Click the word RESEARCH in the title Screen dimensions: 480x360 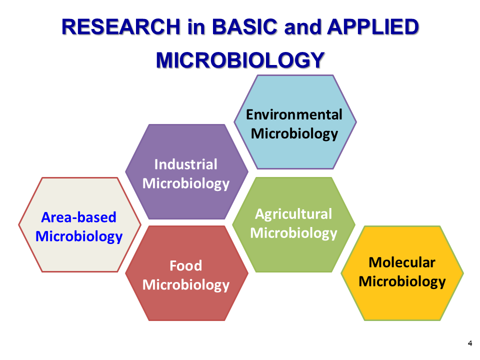click(x=121, y=27)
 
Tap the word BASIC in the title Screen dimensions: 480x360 click(x=244, y=27)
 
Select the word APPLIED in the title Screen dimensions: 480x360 click(x=373, y=27)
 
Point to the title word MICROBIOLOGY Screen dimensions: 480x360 click(x=240, y=60)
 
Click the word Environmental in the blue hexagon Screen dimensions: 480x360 click(x=294, y=115)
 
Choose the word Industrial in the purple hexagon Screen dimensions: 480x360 click(x=186, y=164)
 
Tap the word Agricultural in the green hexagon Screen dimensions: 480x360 click(x=293, y=214)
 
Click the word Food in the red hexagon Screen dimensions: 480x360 click(x=186, y=265)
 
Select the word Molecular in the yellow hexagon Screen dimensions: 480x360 click(x=402, y=262)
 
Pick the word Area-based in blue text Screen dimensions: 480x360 click(x=78, y=217)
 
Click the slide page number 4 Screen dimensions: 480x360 click(x=470, y=343)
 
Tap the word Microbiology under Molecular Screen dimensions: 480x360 click(x=402, y=282)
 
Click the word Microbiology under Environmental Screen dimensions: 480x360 click(x=294, y=134)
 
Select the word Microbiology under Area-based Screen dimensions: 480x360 click(x=79, y=237)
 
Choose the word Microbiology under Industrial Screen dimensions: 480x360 click(x=186, y=184)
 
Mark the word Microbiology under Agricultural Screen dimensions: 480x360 click(x=293, y=233)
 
